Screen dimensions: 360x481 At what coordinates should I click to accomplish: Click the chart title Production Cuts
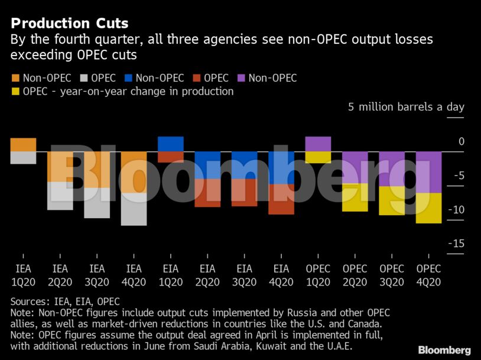pyautogui.click(x=70, y=24)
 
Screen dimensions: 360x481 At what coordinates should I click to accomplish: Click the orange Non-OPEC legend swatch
pyautogui.click(x=15, y=78)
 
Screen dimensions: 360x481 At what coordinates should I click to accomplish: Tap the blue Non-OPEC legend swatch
pyautogui.click(x=128, y=78)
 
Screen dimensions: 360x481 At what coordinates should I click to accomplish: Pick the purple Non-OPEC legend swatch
pyautogui.click(x=241, y=78)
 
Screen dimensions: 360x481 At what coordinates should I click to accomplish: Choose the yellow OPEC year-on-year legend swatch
pyautogui.click(x=15, y=92)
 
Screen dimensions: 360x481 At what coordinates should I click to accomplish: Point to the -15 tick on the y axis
pyautogui.click(x=456, y=244)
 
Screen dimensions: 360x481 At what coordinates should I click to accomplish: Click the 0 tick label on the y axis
pyautogui.click(x=461, y=141)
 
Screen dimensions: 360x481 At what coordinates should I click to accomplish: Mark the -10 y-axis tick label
pyautogui.click(x=456, y=210)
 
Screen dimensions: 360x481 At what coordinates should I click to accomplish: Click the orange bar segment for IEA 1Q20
pyautogui.click(x=23, y=145)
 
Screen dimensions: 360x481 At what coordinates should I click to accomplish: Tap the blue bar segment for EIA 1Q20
pyautogui.click(x=170, y=144)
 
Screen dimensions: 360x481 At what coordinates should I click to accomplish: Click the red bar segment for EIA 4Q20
pyautogui.click(x=281, y=199)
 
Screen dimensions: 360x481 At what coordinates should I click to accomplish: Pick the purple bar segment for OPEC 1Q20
pyautogui.click(x=318, y=144)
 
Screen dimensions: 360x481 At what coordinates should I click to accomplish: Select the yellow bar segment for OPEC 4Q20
pyautogui.click(x=428, y=208)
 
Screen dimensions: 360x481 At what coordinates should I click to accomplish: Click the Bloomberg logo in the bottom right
pyautogui.click(x=444, y=350)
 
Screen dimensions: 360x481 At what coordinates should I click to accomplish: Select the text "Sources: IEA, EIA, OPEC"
pyautogui.click(x=65, y=301)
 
